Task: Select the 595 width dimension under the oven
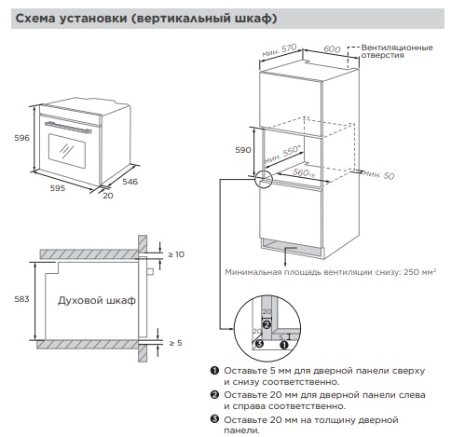(x=58, y=187)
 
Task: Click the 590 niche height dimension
(x=242, y=149)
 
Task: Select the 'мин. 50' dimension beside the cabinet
(x=379, y=174)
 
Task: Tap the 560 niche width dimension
(x=304, y=171)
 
